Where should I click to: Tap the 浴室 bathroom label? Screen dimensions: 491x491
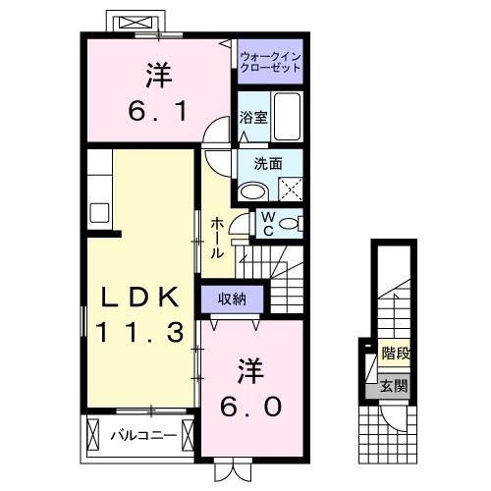pos(252,118)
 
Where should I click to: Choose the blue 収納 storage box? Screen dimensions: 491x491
pos(233,299)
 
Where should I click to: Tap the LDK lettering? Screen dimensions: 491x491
pos(136,297)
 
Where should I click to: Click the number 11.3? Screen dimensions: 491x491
pos(138,333)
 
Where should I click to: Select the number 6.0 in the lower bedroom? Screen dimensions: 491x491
pos(249,405)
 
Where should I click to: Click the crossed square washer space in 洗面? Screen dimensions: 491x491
pos(289,188)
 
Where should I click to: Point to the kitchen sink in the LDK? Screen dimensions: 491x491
pos(99,210)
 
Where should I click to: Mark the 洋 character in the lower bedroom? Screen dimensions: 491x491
pos(249,371)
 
